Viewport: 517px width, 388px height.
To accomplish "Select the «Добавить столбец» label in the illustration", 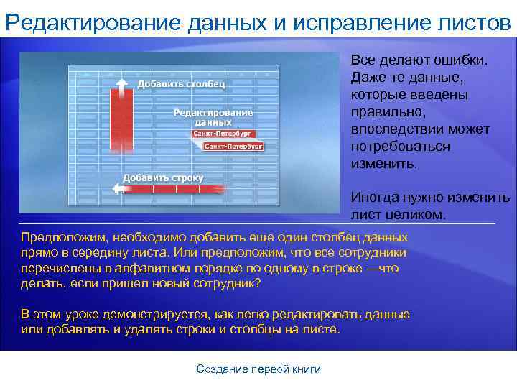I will pyautogui.click(x=181, y=85).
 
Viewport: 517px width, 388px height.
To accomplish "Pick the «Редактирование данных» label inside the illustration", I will pyautogui.click(x=213, y=118).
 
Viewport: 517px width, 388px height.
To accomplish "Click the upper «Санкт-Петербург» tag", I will pyautogui.click(x=221, y=134).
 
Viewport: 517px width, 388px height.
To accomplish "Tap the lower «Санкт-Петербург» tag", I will pyautogui.click(x=234, y=146).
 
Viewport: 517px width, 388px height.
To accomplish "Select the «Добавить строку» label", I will pyautogui.click(x=163, y=177).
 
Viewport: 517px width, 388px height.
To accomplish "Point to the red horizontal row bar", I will pyautogui.click(x=172, y=189).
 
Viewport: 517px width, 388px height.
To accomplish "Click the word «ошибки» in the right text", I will pyautogui.click(x=460, y=60).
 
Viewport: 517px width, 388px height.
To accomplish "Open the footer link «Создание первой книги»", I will pyautogui.click(x=258, y=369).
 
